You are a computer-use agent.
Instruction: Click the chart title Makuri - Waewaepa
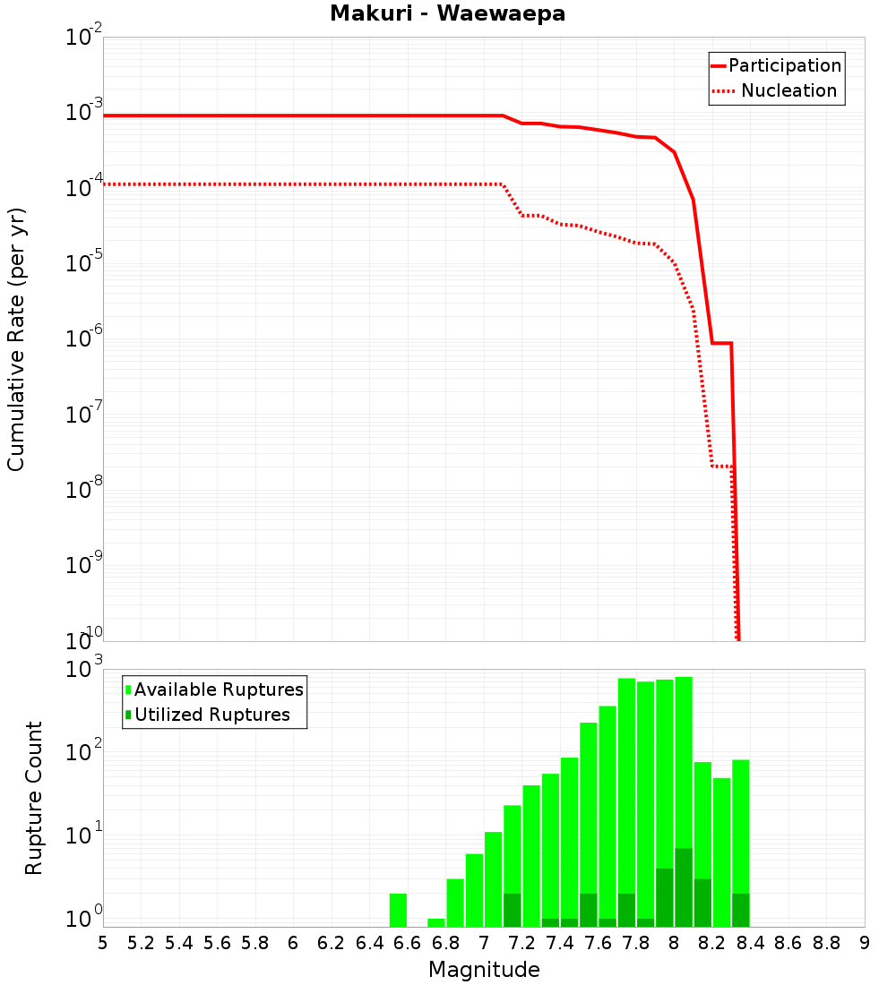coord(447,14)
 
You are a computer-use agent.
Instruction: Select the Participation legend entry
coord(776,66)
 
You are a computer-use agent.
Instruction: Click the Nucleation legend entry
coord(776,91)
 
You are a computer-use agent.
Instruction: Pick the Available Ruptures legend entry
coord(215,690)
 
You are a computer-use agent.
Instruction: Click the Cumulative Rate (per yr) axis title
coord(17,338)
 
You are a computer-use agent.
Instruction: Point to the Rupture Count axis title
coord(34,797)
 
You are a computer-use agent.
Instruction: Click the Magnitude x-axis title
coord(484,970)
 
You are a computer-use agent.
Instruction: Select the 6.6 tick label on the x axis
coord(408,943)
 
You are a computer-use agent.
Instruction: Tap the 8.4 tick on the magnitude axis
coord(750,943)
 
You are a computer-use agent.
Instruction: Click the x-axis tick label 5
coord(103,943)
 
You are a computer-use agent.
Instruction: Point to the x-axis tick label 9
coord(865,943)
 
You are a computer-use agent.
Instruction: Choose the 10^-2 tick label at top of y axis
coord(84,39)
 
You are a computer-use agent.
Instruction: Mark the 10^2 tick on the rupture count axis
coord(84,752)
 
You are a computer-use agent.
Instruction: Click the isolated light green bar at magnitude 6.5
coord(398,910)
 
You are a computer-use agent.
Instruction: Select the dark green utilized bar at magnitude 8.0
coord(684,887)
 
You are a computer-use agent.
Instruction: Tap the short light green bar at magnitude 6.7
coord(436,922)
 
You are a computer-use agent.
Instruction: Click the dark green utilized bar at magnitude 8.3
coord(740,910)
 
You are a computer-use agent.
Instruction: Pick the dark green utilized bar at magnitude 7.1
coord(513,910)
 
